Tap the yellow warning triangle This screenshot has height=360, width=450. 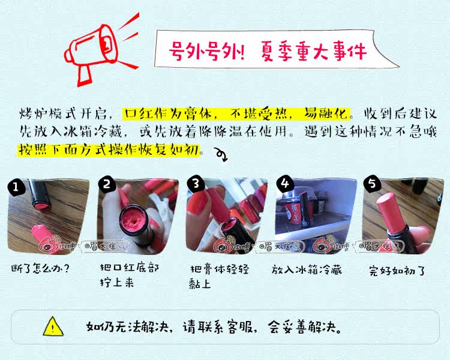(53, 326)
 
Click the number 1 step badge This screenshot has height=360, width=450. (16, 187)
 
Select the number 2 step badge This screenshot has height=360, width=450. (107, 184)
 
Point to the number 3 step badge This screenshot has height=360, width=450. (196, 183)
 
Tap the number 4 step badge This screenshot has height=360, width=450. (285, 183)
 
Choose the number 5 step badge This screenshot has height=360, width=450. (372, 183)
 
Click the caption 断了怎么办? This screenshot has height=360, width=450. (40, 268)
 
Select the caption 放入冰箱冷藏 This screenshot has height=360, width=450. (307, 269)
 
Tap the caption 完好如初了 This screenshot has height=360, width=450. (397, 271)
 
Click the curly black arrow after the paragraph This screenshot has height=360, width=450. (221, 154)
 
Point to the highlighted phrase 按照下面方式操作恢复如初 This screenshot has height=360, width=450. (109, 149)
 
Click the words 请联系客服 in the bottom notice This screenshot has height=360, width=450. (218, 327)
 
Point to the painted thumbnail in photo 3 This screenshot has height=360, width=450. (198, 201)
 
